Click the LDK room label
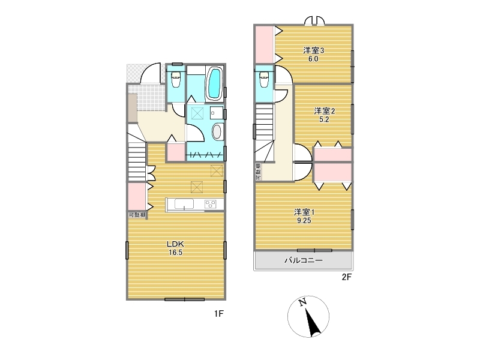pyautogui.click(x=175, y=244)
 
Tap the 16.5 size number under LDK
pyautogui.click(x=175, y=253)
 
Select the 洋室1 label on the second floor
pyautogui.click(x=304, y=212)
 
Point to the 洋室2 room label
pyautogui.click(x=324, y=111)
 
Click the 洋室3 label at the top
pyautogui.click(x=313, y=50)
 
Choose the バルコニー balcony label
pyautogui.click(x=304, y=260)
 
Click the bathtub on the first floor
pyautogui.click(x=214, y=83)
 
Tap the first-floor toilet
pyautogui.click(x=176, y=79)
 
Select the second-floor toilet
pyautogui.click(x=263, y=79)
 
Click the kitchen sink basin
pyautogui.click(x=184, y=204)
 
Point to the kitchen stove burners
pyautogui.click(x=211, y=204)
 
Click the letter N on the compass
pyautogui.click(x=303, y=302)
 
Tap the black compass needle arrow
pyautogui.click(x=313, y=322)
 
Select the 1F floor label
pyautogui.click(x=219, y=313)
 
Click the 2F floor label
pyautogui.click(x=347, y=277)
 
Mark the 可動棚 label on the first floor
pyautogui.click(x=137, y=215)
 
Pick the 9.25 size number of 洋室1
pyautogui.click(x=304, y=221)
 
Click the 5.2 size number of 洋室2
pyautogui.click(x=324, y=119)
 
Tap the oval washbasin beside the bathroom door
pyautogui.click(x=217, y=131)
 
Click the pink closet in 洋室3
pyautogui.click(x=264, y=45)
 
